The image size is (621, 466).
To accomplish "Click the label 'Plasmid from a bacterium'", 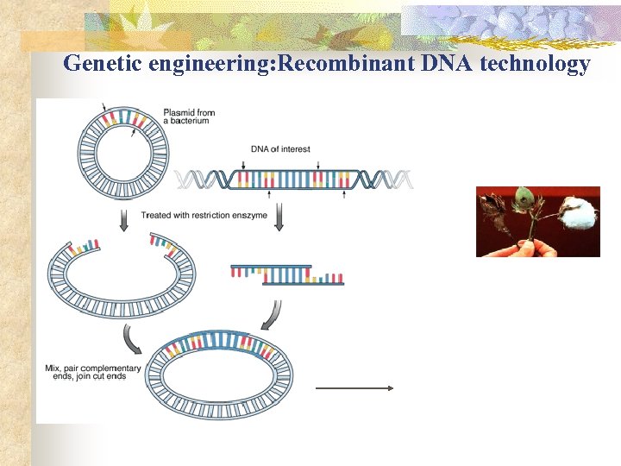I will tap(189, 116).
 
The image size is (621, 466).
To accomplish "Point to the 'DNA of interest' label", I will tap(280, 149).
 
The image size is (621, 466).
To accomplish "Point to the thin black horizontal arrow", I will tap(354, 389).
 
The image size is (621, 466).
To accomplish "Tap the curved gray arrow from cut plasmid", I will tap(134, 341).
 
